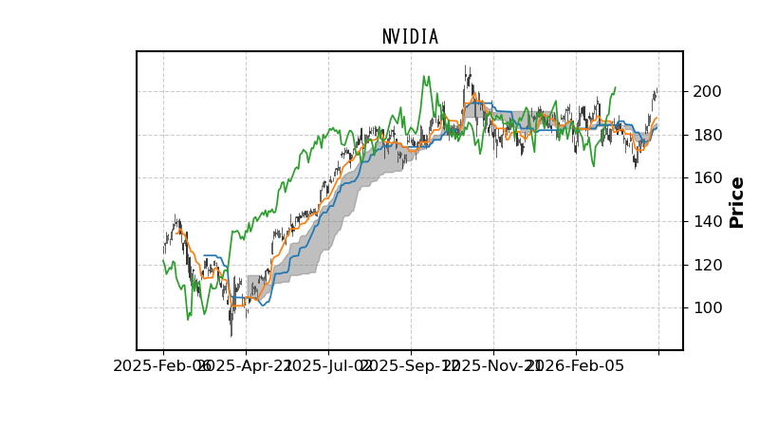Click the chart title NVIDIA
410,37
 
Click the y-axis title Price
737,202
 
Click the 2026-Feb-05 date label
576,366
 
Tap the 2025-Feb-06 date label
163,366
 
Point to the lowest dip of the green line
188,319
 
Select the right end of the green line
615,87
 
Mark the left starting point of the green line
163,259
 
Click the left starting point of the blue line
204,255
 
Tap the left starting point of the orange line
177,231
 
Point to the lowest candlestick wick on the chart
231,336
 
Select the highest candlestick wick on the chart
466,66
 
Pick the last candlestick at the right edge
656,93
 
